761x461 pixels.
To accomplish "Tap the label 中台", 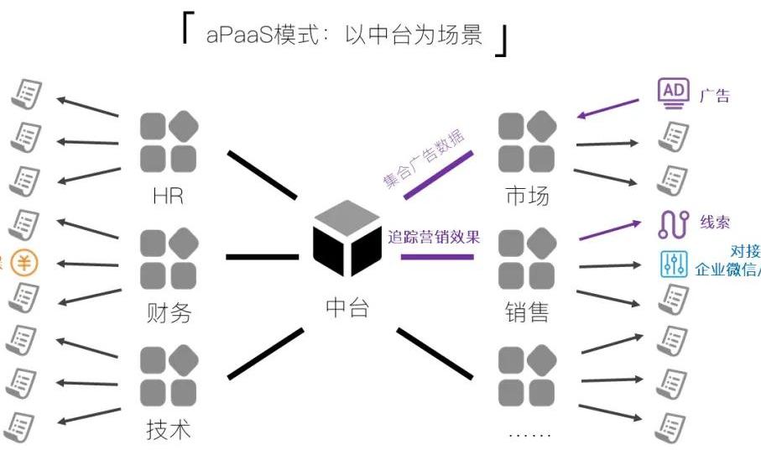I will coord(347,308).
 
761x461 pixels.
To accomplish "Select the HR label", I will coord(168,196).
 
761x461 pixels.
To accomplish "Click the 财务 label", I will coord(168,313).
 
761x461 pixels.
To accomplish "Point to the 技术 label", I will coord(168,430).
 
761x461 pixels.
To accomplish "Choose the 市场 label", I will coord(527,196).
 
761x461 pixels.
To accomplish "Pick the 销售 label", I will coord(527,313).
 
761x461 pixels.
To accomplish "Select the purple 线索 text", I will coord(715,223).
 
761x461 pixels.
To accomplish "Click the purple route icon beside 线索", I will coord(674,223).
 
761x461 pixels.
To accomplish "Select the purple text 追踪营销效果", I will coord(434,237).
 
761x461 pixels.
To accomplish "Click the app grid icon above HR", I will coord(168,142).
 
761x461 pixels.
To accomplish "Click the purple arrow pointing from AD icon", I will coord(608,109).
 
